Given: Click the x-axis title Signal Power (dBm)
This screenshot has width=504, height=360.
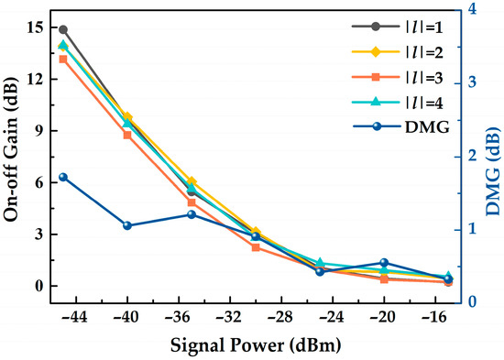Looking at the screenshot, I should click(256, 347).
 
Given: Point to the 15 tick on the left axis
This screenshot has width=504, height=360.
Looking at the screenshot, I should click(34, 27).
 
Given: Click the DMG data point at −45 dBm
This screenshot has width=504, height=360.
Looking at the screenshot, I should click(63, 177).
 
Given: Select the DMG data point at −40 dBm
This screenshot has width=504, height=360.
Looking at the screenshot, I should click(127, 225).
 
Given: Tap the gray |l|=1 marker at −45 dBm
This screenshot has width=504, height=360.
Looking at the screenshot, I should click(63, 29).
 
